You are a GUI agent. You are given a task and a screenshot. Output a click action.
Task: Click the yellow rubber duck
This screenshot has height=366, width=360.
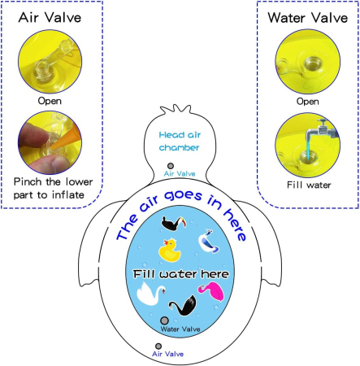[x=169, y=251]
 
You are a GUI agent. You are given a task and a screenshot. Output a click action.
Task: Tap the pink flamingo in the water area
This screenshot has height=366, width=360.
[x=212, y=292]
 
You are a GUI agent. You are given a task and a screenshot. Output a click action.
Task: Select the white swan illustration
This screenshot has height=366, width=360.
[x=150, y=294]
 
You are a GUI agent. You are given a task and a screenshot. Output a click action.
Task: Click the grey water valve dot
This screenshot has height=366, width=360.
[x=164, y=320]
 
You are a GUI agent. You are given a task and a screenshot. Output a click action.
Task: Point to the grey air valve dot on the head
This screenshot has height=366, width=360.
[x=171, y=166]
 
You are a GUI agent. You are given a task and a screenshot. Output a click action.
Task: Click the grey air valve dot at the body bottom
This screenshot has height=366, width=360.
[x=158, y=346]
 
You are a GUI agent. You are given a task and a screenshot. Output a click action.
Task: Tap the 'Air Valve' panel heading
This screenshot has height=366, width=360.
[x=50, y=17]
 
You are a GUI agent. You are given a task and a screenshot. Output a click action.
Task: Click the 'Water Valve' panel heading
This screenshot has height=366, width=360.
[x=308, y=18]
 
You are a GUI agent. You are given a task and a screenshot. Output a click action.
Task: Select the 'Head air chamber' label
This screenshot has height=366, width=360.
[x=180, y=141]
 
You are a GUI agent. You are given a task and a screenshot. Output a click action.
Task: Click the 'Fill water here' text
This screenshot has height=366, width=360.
[x=181, y=274]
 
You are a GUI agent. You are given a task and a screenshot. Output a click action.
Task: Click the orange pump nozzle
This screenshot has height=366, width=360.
[x=67, y=139]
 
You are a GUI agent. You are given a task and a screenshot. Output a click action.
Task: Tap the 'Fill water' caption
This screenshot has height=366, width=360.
[x=309, y=185]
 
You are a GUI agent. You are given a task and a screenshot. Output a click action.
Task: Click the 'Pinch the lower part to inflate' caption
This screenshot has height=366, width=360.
[x=53, y=188]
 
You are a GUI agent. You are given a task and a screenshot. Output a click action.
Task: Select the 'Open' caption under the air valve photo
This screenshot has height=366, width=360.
[x=50, y=101]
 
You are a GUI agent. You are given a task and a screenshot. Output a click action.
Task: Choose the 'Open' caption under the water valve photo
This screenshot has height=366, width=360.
[x=308, y=102]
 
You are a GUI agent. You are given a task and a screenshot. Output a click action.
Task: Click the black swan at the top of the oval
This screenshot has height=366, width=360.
[x=174, y=224]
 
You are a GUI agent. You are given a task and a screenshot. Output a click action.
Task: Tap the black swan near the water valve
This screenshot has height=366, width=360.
[x=183, y=306]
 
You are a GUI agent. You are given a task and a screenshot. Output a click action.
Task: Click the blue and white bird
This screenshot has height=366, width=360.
[x=208, y=242]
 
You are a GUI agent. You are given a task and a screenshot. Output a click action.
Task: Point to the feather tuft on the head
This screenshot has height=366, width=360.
[x=176, y=109]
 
